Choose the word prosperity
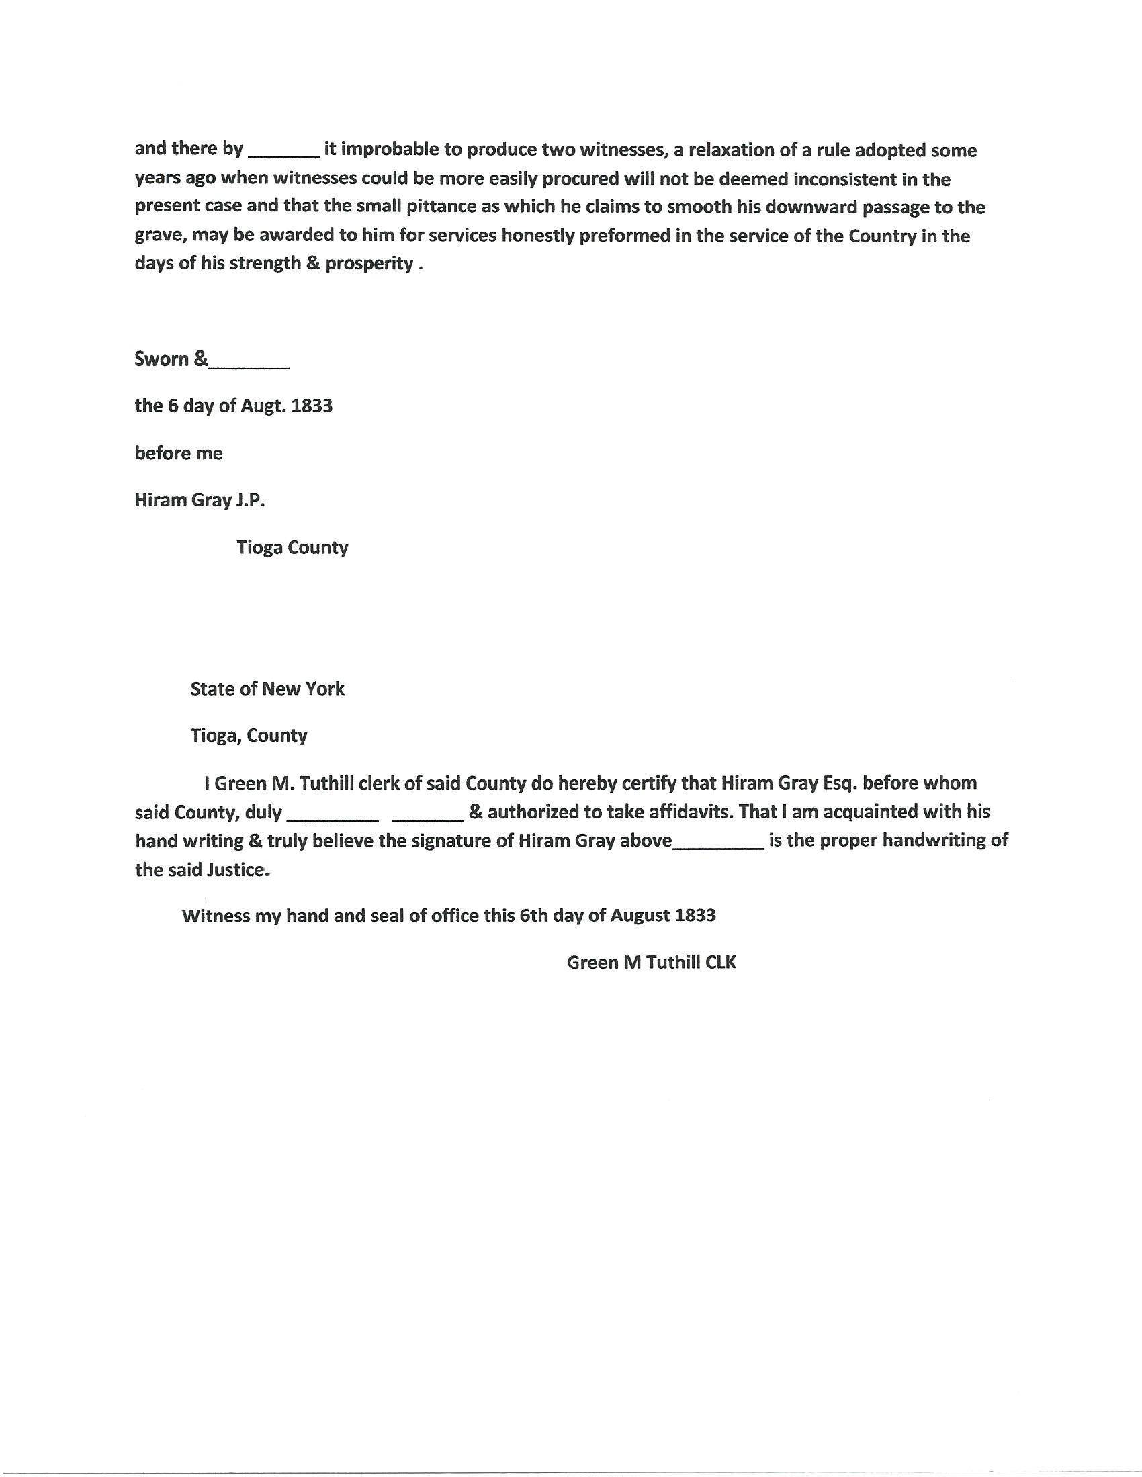click(x=369, y=263)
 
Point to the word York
click(x=325, y=689)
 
